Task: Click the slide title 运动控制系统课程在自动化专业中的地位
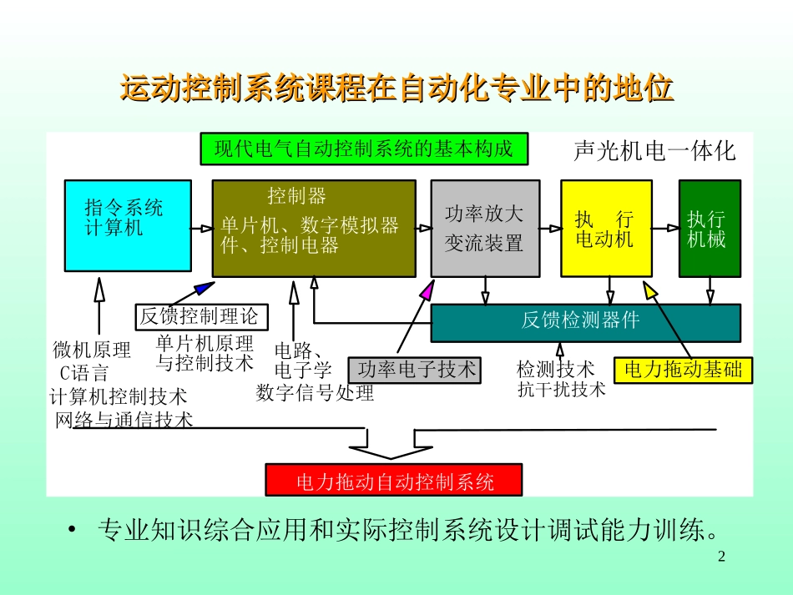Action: (396, 88)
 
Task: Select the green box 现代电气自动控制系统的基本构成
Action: (363, 149)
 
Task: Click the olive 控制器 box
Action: (314, 228)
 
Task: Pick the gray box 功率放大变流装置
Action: (485, 228)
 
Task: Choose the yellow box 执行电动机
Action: (606, 228)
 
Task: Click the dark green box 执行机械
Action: (709, 228)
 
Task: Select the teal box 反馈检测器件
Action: (584, 322)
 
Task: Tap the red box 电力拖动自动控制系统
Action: (394, 481)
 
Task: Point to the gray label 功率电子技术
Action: (415, 370)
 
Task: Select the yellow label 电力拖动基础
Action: (683, 370)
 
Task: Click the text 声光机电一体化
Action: (655, 151)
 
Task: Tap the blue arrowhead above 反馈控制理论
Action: (205, 289)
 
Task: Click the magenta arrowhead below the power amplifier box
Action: (427, 290)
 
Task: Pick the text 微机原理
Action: (91, 349)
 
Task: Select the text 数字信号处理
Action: (316, 392)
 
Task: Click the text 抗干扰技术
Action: (561, 389)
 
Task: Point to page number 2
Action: (723, 557)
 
